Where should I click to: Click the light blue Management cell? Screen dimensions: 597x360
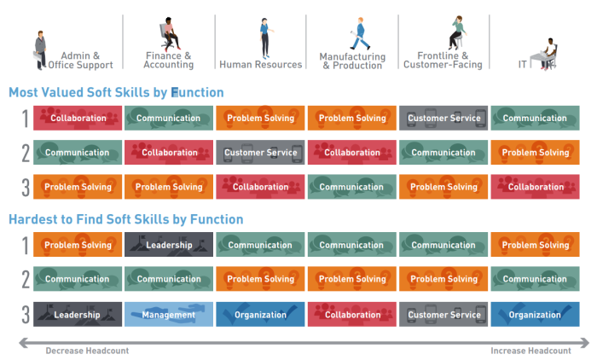169,314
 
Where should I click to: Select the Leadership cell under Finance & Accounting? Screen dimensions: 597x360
169,245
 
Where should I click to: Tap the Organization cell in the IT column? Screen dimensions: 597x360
535,314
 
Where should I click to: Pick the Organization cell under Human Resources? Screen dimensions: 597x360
260,314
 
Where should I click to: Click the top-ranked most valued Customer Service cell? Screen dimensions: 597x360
443,118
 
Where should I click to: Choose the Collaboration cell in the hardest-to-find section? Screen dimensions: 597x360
351,314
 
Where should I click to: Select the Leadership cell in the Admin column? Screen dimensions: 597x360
78,314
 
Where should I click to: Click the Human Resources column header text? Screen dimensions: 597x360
260,64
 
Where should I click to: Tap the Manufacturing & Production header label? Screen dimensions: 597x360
352,61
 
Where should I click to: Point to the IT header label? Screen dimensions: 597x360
522,64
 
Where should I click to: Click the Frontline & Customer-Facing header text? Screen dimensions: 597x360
443,61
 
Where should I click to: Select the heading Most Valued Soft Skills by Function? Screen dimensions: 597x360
116,93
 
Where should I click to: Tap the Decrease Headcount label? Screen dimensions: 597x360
87,351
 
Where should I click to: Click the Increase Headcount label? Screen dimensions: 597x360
530,351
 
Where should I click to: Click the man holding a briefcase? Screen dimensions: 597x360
40,50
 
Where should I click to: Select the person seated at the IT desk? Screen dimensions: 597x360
548,53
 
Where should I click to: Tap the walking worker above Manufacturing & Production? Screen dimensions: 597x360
360,33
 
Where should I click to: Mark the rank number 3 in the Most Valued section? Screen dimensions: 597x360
26,187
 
